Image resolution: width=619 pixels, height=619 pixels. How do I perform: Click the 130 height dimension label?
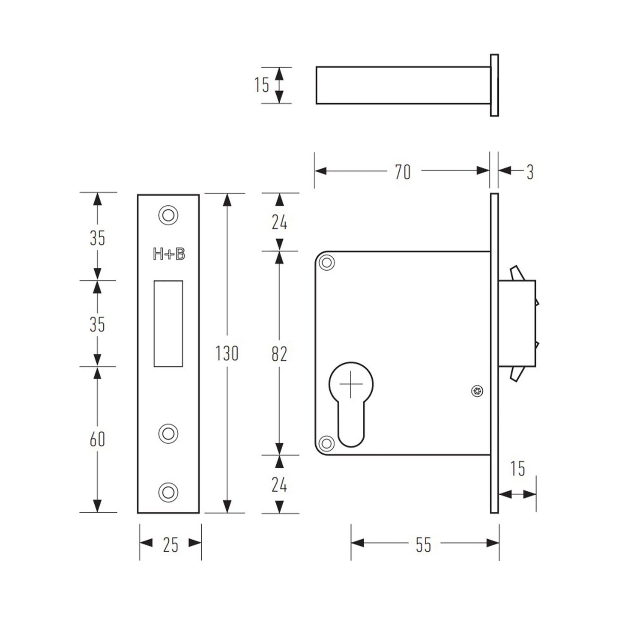(227, 353)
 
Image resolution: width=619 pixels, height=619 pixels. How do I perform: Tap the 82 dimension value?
(279, 354)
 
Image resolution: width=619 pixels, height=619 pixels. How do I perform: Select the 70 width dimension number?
(403, 172)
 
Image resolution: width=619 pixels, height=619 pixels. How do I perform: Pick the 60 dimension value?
(97, 439)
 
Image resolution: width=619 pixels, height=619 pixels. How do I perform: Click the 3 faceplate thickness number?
(530, 172)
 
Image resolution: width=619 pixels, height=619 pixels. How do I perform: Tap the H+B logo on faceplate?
(169, 254)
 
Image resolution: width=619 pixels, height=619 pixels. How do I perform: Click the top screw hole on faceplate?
(168, 215)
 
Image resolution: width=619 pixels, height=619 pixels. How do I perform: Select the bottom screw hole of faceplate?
(168, 492)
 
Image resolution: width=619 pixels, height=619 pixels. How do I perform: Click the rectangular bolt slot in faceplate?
(168, 323)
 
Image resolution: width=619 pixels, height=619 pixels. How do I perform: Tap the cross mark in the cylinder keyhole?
(351, 384)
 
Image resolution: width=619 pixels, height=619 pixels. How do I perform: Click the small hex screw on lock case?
(477, 391)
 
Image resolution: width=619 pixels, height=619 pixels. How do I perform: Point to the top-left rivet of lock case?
(327, 263)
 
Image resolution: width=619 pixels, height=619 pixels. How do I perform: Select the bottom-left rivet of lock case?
(326, 444)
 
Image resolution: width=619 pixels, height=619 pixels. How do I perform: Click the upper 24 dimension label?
(279, 221)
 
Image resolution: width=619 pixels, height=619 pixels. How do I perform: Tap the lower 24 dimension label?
(279, 485)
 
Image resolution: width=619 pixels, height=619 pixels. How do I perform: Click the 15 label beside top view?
(262, 85)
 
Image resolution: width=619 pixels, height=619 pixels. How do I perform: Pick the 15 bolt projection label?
(517, 468)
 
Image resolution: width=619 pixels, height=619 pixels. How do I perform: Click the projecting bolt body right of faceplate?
(517, 323)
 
